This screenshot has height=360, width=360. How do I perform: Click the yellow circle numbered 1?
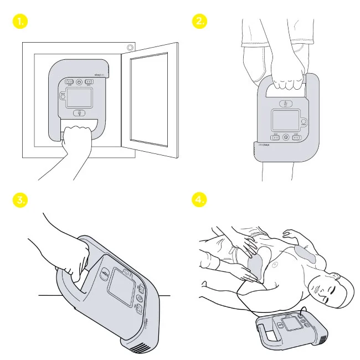[20, 22]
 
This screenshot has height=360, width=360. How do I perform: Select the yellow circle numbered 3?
[20, 200]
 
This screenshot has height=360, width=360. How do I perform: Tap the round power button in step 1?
[79, 81]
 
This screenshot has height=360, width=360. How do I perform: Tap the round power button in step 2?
[286, 136]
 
